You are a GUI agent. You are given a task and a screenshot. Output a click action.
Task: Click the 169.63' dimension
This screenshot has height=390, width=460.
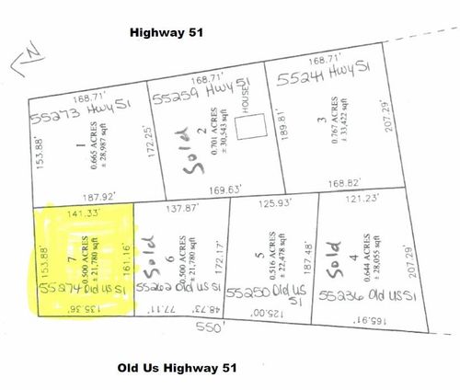224,191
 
